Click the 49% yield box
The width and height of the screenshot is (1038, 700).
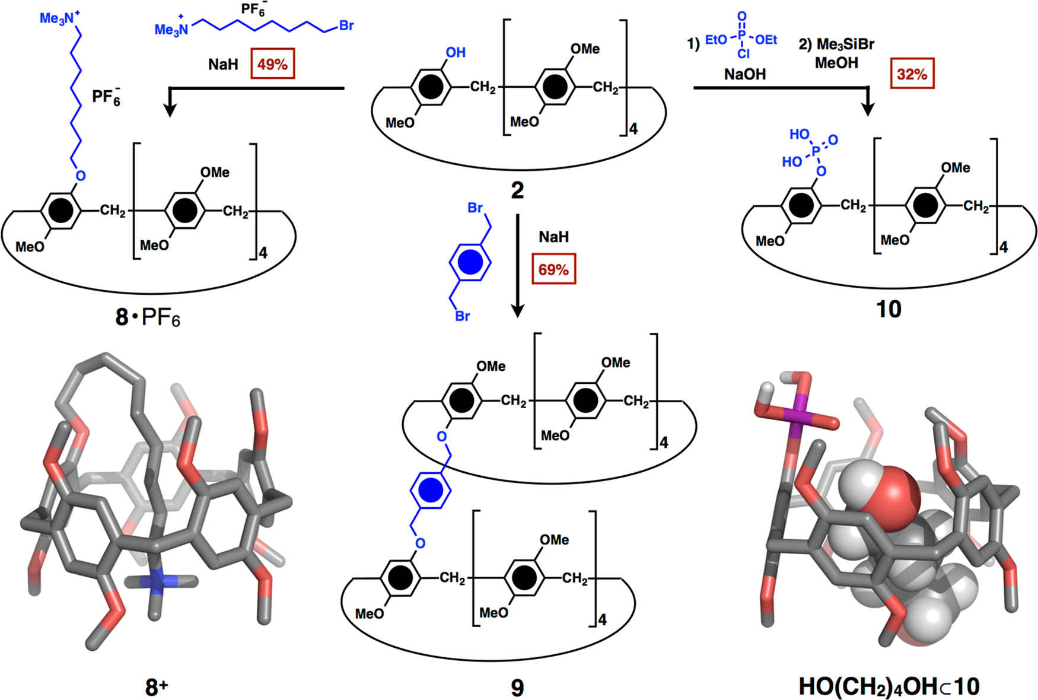pyautogui.click(x=272, y=64)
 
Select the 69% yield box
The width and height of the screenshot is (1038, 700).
pyautogui.click(x=553, y=270)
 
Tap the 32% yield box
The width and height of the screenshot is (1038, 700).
pyautogui.click(x=912, y=74)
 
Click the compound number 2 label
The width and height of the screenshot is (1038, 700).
pyautogui.click(x=517, y=190)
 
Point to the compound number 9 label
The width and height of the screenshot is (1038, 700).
pyautogui.click(x=517, y=688)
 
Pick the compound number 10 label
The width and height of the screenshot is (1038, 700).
pyautogui.click(x=889, y=309)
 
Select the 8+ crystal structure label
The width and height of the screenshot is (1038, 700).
pyautogui.click(x=156, y=688)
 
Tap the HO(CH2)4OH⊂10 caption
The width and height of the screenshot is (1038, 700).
pyautogui.click(x=889, y=686)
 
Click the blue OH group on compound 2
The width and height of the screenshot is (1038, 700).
pyautogui.click(x=455, y=52)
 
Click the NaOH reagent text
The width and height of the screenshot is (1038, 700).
pyautogui.click(x=744, y=74)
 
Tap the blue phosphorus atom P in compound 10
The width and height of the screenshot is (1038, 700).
pyautogui.click(x=816, y=152)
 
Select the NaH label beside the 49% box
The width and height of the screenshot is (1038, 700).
pyautogui.click(x=223, y=64)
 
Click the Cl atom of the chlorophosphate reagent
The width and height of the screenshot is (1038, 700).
pyautogui.click(x=743, y=54)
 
